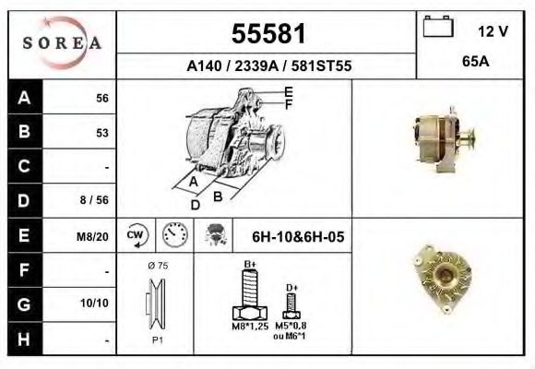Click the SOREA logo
(62, 42)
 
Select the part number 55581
(268, 34)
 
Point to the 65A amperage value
(476, 62)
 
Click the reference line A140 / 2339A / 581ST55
(268, 65)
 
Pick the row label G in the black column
(24, 304)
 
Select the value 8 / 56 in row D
(94, 199)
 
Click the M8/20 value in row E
(92, 236)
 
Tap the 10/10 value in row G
(94, 303)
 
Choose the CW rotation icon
(137, 235)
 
